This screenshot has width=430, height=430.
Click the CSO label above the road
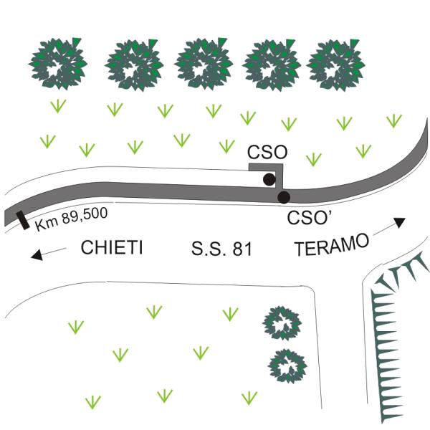[x=267, y=152]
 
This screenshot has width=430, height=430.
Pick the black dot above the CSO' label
[x=284, y=197]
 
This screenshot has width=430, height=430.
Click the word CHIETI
[x=112, y=249]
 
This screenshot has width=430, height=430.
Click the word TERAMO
[x=332, y=245]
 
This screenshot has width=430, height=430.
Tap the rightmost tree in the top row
[x=336, y=63]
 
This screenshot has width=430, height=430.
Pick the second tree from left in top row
[x=134, y=64]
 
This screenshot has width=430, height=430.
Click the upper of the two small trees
[x=282, y=323]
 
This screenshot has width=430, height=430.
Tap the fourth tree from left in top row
[x=272, y=63]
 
